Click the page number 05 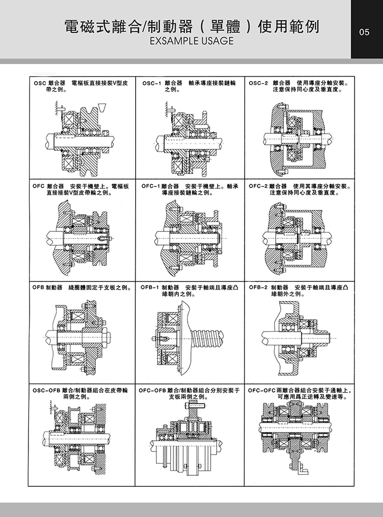pyautogui.click(x=364, y=32)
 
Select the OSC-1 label pyautogui.click(x=152, y=83)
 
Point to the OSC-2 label pyautogui.click(x=258, y=83)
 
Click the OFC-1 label pyautogui.click(x=150, y=186)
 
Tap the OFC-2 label pyautogui.click(x=258, y=186)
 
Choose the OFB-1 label pyautogui.click(x=150, y=287)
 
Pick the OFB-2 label pyautogui.click(x=258, y=287)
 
